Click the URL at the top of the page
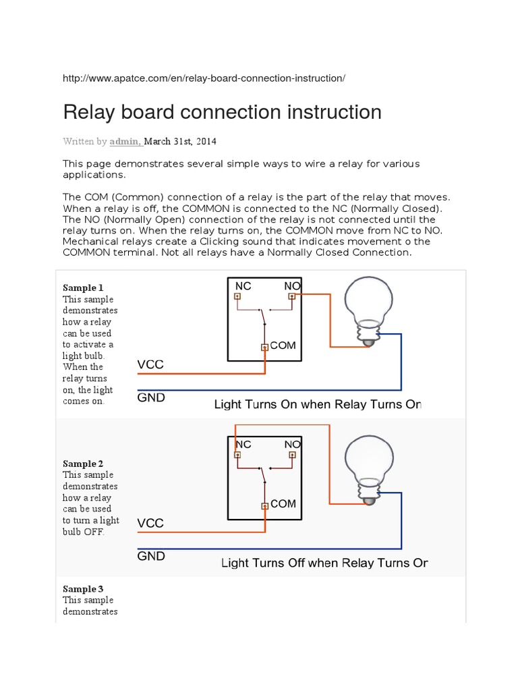click(x=204, y=78)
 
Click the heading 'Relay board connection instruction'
click(x=222, y=112)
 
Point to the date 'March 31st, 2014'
click(x=180, y=142)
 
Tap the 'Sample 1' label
click(x=83, y=287)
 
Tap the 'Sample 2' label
click(x=83, y=464)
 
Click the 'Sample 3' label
click(x=83, y=589)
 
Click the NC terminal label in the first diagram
click(x=243, y=286)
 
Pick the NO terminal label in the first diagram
click(x=292, y=286)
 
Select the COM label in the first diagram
click(x=283, y=345)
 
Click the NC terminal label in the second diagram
click(x=243, y=444)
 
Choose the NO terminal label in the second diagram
click(x=292, y=444)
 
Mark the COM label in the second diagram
click(x=283, y=504)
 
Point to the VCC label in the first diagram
click(x=150, y=365)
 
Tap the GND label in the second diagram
click(x=151, y=556)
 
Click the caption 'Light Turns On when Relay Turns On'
click(x=317, y=404)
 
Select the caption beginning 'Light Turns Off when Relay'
click(x=324, y=563)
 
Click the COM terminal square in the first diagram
click(x=265, y=348)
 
